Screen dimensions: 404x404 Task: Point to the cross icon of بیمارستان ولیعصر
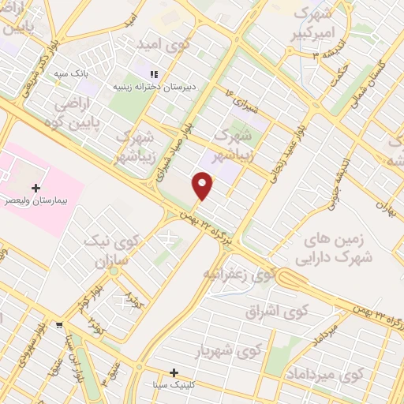pyautogui.click(x=36, y=188)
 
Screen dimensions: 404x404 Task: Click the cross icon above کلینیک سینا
pyautogui.click(x=174, y=372)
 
